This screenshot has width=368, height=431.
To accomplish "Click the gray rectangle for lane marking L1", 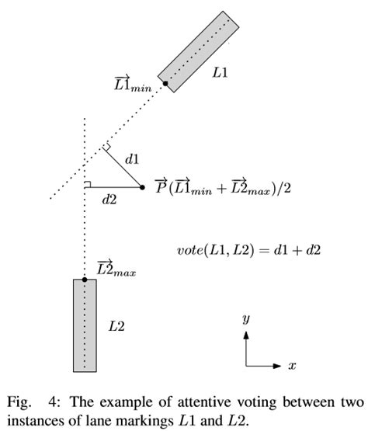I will [199, 51].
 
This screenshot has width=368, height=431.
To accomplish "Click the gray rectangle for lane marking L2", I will [85, 325].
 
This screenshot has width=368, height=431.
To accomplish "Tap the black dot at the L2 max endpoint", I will [85, 279].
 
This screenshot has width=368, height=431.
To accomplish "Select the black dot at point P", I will [142, 187].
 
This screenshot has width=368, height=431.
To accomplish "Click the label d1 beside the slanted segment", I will [132, 159].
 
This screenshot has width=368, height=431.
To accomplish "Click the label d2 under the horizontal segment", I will [109, 200].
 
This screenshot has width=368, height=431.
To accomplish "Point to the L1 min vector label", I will [130, 82].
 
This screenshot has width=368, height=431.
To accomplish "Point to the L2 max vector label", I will [116, 269].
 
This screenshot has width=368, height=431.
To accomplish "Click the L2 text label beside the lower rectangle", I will [116, 325].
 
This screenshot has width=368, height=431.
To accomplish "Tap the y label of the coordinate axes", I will [245, 318].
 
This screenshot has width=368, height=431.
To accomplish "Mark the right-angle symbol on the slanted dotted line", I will [107, 148].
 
